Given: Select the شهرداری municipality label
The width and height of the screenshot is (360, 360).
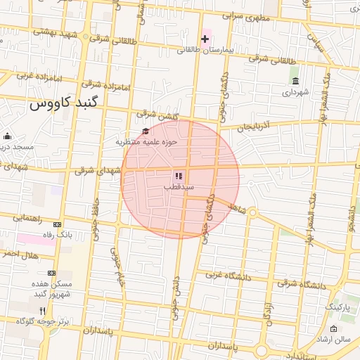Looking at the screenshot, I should pyautogui.click(x=295, y=91).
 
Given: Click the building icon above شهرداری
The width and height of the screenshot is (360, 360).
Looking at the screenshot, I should pyautogui.click(x=295, y=80).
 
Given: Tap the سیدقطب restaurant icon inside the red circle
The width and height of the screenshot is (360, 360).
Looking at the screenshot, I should pyautogui.click(x=179, y=176).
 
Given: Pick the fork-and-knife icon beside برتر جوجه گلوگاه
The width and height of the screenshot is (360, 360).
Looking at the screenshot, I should pyautogui.click(x=42, y=310).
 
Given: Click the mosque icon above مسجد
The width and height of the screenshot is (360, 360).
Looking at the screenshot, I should pyautogui.click(x=7, y=136).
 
